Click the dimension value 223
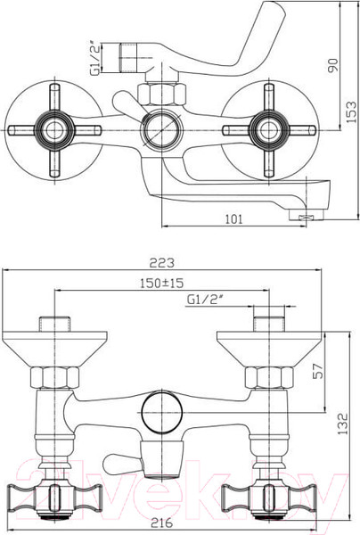pyautogui.click(x=160, y=263)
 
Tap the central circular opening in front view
pyautogui.click(x=160, y=413)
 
